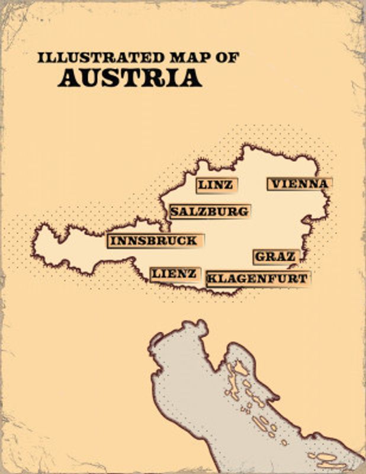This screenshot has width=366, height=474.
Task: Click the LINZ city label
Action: [x=216, y=185]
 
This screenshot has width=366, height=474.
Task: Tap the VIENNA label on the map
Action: [x=298, y=184]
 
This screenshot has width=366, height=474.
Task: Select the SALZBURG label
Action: [x=209, y=212]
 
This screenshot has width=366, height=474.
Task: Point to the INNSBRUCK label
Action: [x=154, y=241]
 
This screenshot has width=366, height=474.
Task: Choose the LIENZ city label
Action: [x=174, y=274]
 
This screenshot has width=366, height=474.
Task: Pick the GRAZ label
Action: [x=275, y=257]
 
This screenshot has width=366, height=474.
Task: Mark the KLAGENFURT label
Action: [x=257, y=278]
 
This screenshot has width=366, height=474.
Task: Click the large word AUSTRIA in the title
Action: [x=130, y=78]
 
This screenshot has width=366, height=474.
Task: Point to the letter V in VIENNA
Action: [x=273, y=184]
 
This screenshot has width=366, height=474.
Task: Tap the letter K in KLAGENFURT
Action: [x=211, y=278]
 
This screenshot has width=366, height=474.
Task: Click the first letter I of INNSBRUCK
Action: [x=113, y=241]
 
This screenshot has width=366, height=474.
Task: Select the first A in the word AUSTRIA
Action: [x=66, y=78]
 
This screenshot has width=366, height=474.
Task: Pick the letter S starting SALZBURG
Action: [x=175, y=212]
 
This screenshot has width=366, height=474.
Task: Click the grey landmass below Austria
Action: [x=195, y=391]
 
